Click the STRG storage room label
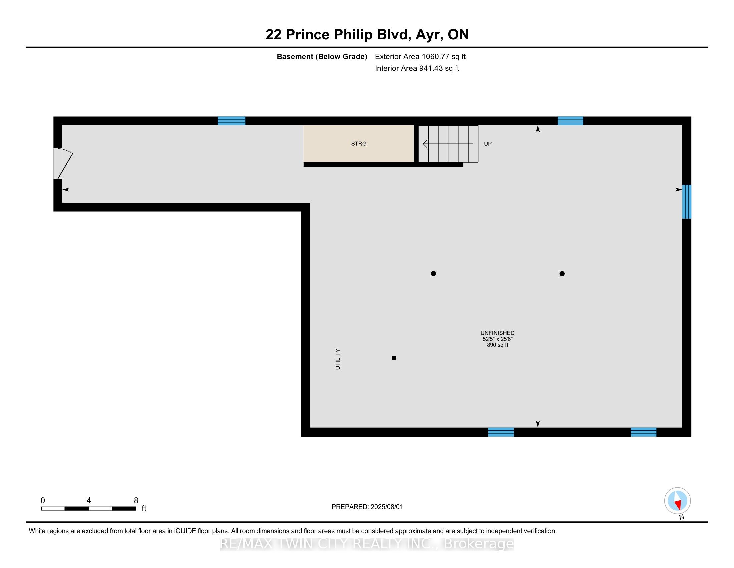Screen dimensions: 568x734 359,144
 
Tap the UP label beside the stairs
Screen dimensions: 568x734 488,144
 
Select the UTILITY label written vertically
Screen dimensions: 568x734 338,359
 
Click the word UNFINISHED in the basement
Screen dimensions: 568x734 497,333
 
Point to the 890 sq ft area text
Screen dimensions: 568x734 497,345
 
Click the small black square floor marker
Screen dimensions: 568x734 394,358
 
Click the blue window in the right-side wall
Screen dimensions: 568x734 686,201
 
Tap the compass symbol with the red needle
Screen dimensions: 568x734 677,501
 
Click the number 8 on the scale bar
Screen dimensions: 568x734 136,501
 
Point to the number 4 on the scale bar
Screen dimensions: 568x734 89,501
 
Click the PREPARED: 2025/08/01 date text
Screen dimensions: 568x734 367,507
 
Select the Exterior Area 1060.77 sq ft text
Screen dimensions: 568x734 420,56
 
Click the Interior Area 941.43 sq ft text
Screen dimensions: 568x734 417,68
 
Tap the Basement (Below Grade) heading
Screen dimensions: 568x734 322,56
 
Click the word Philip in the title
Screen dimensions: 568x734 353,35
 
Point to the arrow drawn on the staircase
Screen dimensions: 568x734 448,144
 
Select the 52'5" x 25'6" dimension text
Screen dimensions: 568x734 497,339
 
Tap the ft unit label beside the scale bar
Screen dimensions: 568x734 144,508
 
